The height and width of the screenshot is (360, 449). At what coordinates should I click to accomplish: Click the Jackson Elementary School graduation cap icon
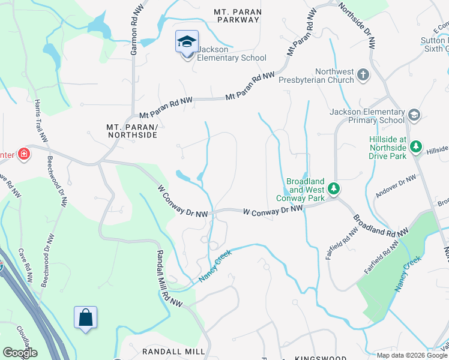[x=187, y=43]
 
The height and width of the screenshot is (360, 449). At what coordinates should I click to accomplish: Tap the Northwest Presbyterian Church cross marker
[x=363, y=75]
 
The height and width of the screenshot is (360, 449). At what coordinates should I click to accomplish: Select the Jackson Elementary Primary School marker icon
[x=414, y=115]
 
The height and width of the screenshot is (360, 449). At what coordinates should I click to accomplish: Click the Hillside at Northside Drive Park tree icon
[x=415, y=146]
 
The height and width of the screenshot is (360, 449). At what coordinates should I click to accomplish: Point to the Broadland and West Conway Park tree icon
[x=333, y=190]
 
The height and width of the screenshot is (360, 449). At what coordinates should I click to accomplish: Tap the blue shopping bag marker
[x=85, y=317]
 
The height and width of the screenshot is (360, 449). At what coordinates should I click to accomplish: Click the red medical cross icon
[x=24, y=154]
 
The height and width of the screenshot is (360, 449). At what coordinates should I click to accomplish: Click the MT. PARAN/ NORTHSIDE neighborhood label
[x=131, y=131]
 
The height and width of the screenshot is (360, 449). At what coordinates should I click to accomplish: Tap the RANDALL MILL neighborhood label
[x=166, y=352]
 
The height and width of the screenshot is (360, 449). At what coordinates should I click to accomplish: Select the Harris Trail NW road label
[x=41, y=121]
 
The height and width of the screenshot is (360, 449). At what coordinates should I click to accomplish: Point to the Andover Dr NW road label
[x=396, y=187]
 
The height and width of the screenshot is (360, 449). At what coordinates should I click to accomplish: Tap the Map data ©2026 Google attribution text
[x=412, y=355]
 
